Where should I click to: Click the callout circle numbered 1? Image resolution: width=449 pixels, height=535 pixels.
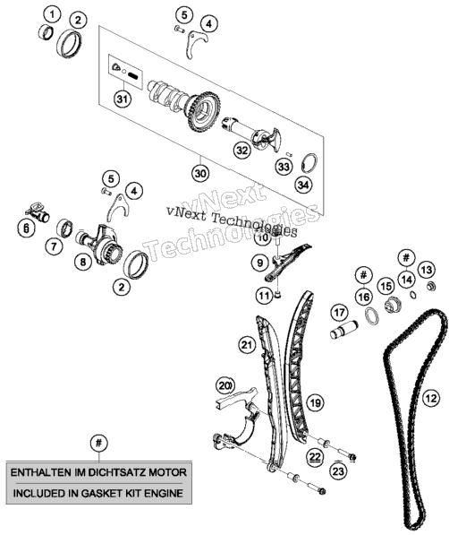pos(52,14)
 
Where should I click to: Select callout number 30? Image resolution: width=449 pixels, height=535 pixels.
pos(200,174)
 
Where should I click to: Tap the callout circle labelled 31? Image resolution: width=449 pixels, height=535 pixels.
pos(123,99)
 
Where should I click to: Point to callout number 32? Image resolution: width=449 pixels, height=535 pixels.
pos(242,151)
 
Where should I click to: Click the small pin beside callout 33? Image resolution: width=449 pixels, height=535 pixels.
pos(289,154)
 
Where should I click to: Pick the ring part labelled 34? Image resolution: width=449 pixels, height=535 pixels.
pos(309,163)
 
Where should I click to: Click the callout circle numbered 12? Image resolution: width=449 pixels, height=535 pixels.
pos(430,398)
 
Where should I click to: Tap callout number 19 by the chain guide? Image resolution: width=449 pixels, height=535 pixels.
pos(316,403)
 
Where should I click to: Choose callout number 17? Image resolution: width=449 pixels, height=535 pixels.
pos(339,313)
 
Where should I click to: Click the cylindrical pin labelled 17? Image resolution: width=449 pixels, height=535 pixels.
pos(343,330)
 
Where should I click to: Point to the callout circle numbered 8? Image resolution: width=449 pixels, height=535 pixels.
pos(83,262)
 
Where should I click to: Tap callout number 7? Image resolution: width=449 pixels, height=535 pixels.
pos(55,246)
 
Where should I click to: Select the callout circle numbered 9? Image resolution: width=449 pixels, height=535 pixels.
pos(260,263)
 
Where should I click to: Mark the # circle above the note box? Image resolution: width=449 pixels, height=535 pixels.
pos(98,444)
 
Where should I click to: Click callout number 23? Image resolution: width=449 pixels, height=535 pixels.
pos(338,471)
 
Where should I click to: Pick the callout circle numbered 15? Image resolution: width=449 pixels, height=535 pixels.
pos(386,286)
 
